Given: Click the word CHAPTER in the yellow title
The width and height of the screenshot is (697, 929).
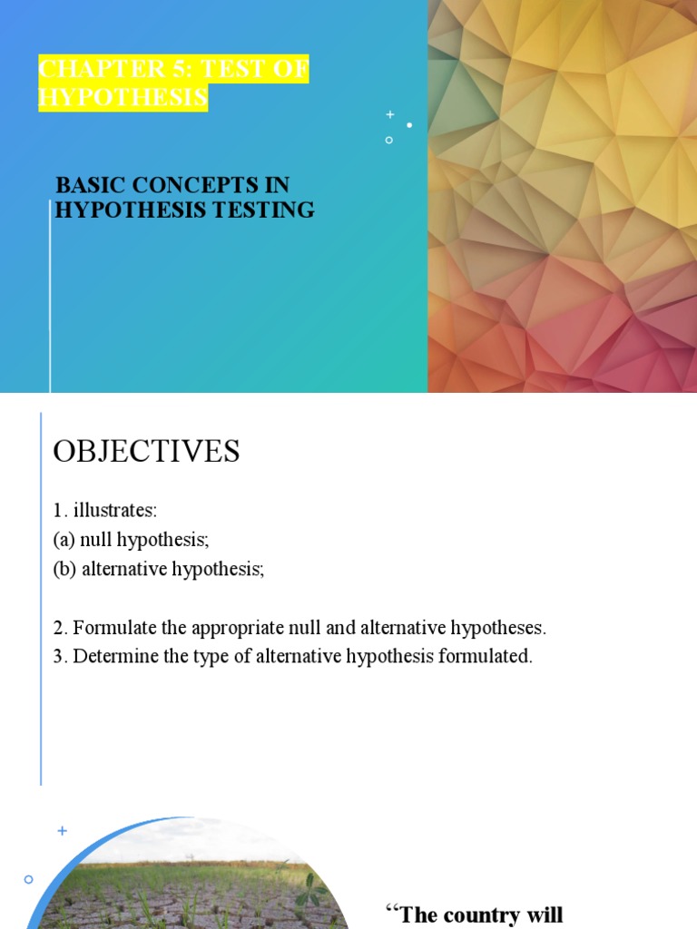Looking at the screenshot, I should coord(87,70).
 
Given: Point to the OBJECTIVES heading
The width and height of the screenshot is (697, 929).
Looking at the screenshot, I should coord(146,451).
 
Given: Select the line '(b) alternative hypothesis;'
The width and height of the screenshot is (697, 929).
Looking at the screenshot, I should coord(158,570).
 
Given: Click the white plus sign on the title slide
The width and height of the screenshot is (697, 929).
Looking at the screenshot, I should coord(390,114).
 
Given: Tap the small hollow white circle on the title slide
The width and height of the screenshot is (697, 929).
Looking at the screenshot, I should coord(389,140).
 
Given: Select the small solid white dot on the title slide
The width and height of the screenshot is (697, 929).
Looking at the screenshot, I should coord(409,125).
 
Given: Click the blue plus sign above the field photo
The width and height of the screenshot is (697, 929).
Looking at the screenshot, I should coord(63,830).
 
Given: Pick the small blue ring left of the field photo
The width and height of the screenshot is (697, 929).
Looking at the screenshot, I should coord(28,879).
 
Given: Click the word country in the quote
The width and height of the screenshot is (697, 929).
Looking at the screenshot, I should coord(486,914).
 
